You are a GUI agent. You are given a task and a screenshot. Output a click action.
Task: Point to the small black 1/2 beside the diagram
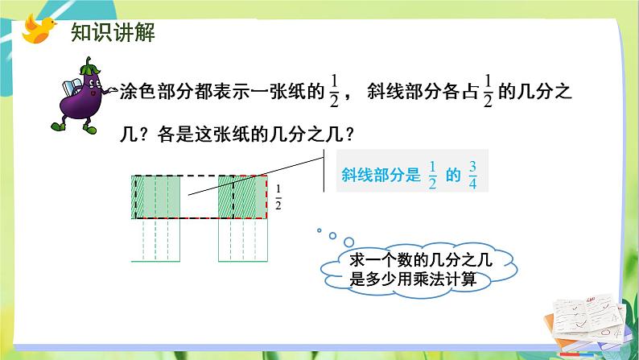click(x=278, y=197)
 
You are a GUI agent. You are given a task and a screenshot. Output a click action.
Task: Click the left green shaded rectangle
click(x=157, y=197)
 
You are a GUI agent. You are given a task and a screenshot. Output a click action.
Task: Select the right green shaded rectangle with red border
click(x=242, y=197)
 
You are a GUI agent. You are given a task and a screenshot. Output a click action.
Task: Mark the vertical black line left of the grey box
click(x=324, y=174)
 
